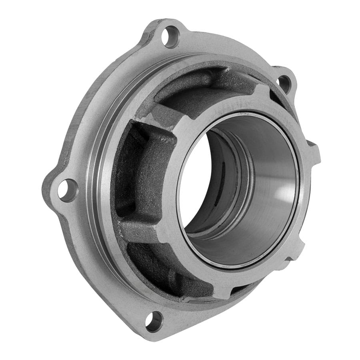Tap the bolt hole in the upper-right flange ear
pyautogui.click(x=284, y=83)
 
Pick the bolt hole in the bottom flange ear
pyautogui.click(x=154, y=321)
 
